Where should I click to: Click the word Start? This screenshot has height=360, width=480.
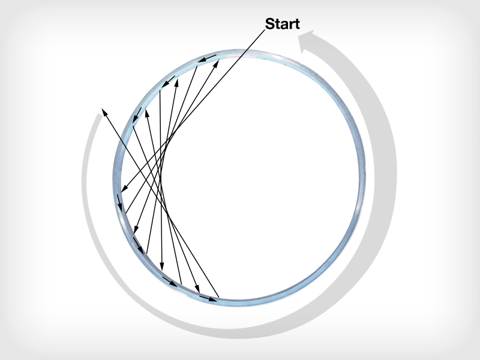[282, 24]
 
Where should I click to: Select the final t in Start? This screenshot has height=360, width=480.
[296, 24]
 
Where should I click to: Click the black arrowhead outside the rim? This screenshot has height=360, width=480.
[104, 111]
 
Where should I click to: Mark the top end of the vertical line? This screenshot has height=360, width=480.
[160, 90]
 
